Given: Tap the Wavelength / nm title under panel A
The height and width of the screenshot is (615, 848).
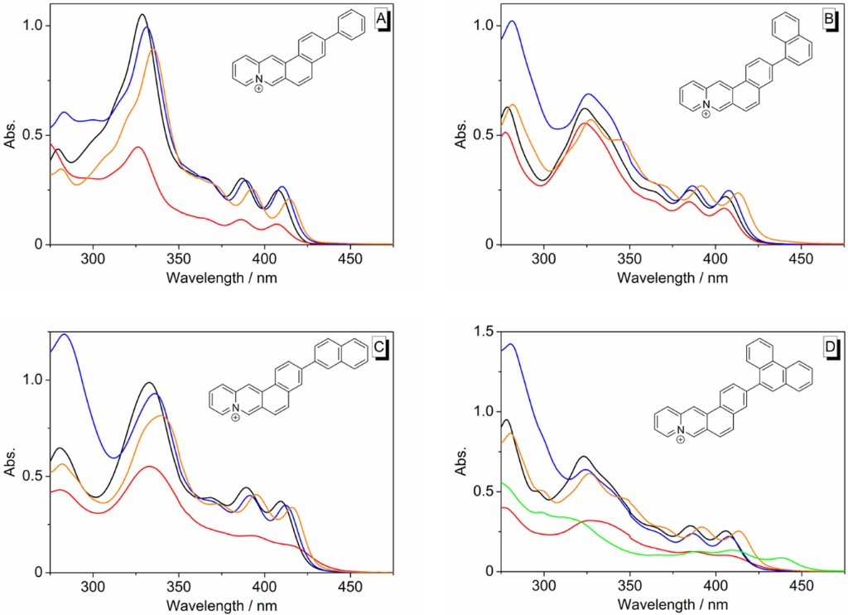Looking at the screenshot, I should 221,276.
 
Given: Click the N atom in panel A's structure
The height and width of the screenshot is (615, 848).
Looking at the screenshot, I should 259,78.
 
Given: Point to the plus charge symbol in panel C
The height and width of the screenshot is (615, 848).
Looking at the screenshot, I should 236,418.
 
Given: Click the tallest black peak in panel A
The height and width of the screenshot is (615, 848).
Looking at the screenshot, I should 142,15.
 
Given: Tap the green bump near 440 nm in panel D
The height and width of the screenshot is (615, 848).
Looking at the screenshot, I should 781,558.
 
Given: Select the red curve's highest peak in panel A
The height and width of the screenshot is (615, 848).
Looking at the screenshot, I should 137,148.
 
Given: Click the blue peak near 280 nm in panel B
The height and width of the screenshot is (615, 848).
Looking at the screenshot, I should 513,22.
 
